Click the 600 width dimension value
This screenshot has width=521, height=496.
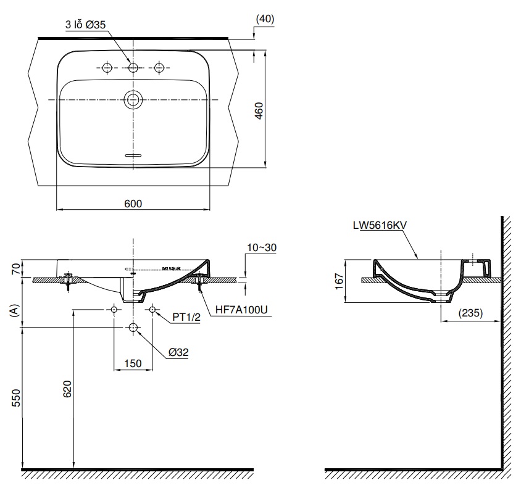coord(133,204)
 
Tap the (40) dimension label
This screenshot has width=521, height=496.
coord(265,19)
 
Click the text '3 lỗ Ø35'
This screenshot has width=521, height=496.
coord(86,25)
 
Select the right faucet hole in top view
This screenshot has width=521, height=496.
coord(159,67)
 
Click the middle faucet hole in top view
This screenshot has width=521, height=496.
coord(133,67)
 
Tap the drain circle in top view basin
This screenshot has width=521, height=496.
coord(133,99)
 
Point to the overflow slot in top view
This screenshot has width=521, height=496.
coord(133,155)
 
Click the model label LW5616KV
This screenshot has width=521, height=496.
coord(379,226)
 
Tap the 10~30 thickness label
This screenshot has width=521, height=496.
coord(261,247)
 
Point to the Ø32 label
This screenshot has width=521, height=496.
coord(178,353)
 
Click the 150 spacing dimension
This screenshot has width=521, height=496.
coord(133,364)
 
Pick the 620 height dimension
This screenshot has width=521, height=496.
coord(67,389)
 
